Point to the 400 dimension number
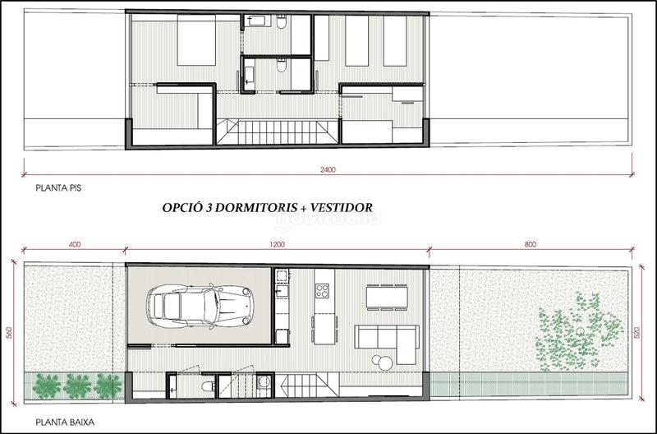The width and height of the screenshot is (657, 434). (75, 244)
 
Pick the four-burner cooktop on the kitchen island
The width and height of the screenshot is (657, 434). (323, 290)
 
